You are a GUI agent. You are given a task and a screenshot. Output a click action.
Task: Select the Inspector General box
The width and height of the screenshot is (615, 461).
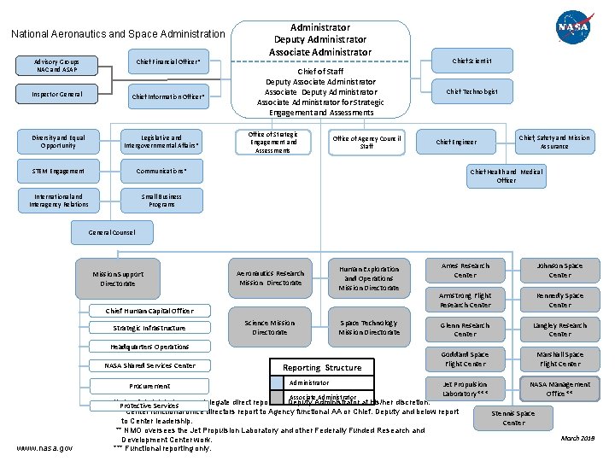point(58,95)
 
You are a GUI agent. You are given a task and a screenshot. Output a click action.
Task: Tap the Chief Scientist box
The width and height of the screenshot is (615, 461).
point(471,61)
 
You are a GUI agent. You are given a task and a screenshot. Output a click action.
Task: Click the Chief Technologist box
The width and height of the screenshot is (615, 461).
point(471,91)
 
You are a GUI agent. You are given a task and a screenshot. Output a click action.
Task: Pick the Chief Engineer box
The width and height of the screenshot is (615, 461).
point(456,143)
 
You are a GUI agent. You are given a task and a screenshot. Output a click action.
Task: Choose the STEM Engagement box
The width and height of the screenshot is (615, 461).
point(58,172)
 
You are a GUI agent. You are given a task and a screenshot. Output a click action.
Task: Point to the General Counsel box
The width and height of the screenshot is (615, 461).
point(112,232)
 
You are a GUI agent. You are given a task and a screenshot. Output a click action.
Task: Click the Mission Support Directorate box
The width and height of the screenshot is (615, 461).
point(118,278)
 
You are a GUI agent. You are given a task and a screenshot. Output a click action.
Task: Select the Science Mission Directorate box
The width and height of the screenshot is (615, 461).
point(270,328)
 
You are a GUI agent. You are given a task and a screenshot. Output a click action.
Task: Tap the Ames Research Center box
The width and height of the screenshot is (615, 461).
point(466,271)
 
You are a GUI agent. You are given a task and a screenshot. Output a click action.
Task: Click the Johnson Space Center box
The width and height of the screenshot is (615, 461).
point(559,271)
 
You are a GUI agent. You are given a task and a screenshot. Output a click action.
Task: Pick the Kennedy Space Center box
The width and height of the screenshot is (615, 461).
point(559,301)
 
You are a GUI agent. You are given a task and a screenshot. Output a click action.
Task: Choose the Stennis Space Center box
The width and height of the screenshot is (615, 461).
point(513,418)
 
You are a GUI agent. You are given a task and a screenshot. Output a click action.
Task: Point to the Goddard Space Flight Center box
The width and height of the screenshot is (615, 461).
point(466,359)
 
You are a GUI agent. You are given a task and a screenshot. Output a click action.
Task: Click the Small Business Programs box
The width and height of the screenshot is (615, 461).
point(161,201)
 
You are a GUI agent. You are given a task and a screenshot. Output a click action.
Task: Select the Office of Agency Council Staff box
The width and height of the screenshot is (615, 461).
point(366,143)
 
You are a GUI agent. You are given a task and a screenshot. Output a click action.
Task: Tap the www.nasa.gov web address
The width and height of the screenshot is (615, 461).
point(44,447)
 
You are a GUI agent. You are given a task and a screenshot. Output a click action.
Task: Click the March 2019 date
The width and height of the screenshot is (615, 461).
point(577,439)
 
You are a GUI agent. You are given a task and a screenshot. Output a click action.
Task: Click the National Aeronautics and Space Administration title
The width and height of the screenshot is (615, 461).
point(118,34)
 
